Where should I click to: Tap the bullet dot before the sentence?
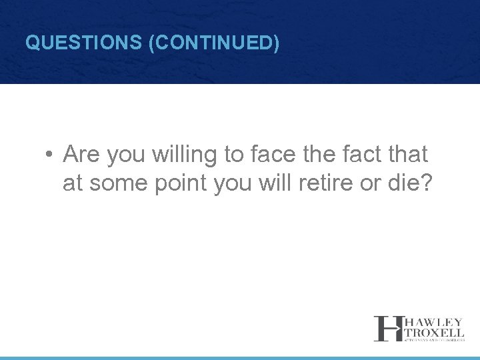[x=50, y=155]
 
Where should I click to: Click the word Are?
[x=81, y=155]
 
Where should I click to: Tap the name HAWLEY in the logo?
[x=433, y=322]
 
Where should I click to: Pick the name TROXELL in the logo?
[x=433, y=332]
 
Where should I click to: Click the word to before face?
[x=234, y=155]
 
